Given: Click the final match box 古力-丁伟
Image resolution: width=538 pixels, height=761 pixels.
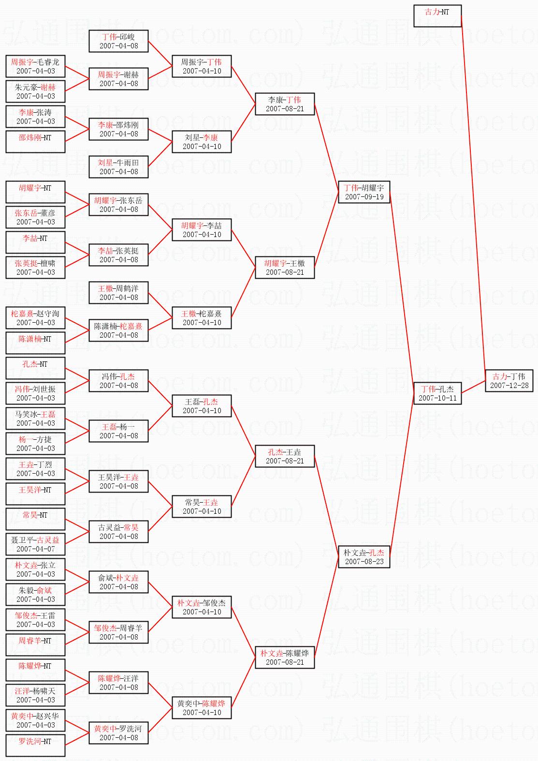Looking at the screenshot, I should (x=509, y=381).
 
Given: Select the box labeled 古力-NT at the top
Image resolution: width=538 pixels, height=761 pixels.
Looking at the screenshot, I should (x=437, y=16).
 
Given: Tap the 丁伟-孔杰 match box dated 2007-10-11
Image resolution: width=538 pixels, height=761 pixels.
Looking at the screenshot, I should (x=437, y=393).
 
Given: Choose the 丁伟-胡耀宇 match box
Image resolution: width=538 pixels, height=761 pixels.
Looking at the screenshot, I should (x=364, y=192).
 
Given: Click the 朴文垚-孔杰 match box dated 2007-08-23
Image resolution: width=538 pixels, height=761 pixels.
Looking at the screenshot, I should (x=364, y=557).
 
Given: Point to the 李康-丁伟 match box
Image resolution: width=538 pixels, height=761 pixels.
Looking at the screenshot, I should (x=285, y=104).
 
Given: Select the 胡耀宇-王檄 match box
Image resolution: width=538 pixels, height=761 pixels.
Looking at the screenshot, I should (x=285, y=268).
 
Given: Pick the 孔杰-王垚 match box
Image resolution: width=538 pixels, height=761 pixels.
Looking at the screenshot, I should (x=285, y=456).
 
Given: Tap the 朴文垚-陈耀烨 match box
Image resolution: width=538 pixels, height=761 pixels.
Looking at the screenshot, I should (x=285, y=657).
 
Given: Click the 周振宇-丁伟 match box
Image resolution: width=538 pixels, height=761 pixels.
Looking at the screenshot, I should (x=202, y=66).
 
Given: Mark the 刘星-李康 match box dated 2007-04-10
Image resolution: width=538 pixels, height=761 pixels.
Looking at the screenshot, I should (x=202, y=142).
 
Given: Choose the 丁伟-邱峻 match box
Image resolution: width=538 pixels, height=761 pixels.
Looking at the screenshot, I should (x=118, y=41).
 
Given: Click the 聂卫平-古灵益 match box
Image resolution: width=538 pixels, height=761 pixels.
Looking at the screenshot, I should (x=35, y=544).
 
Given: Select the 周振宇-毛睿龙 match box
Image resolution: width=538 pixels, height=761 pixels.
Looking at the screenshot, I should (x=35, y=66).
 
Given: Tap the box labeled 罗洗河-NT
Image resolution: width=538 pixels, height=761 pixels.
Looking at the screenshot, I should (x=35, y=746).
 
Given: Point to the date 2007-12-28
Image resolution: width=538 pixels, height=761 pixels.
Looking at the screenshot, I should (x=509, y=386).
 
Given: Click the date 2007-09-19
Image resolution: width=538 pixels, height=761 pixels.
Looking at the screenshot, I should (x=364, y=197).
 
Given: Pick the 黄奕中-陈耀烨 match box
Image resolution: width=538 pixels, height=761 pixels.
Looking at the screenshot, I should (x=202, y=708).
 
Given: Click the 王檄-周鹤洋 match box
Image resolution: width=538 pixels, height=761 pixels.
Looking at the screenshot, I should (x=118, y=293).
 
